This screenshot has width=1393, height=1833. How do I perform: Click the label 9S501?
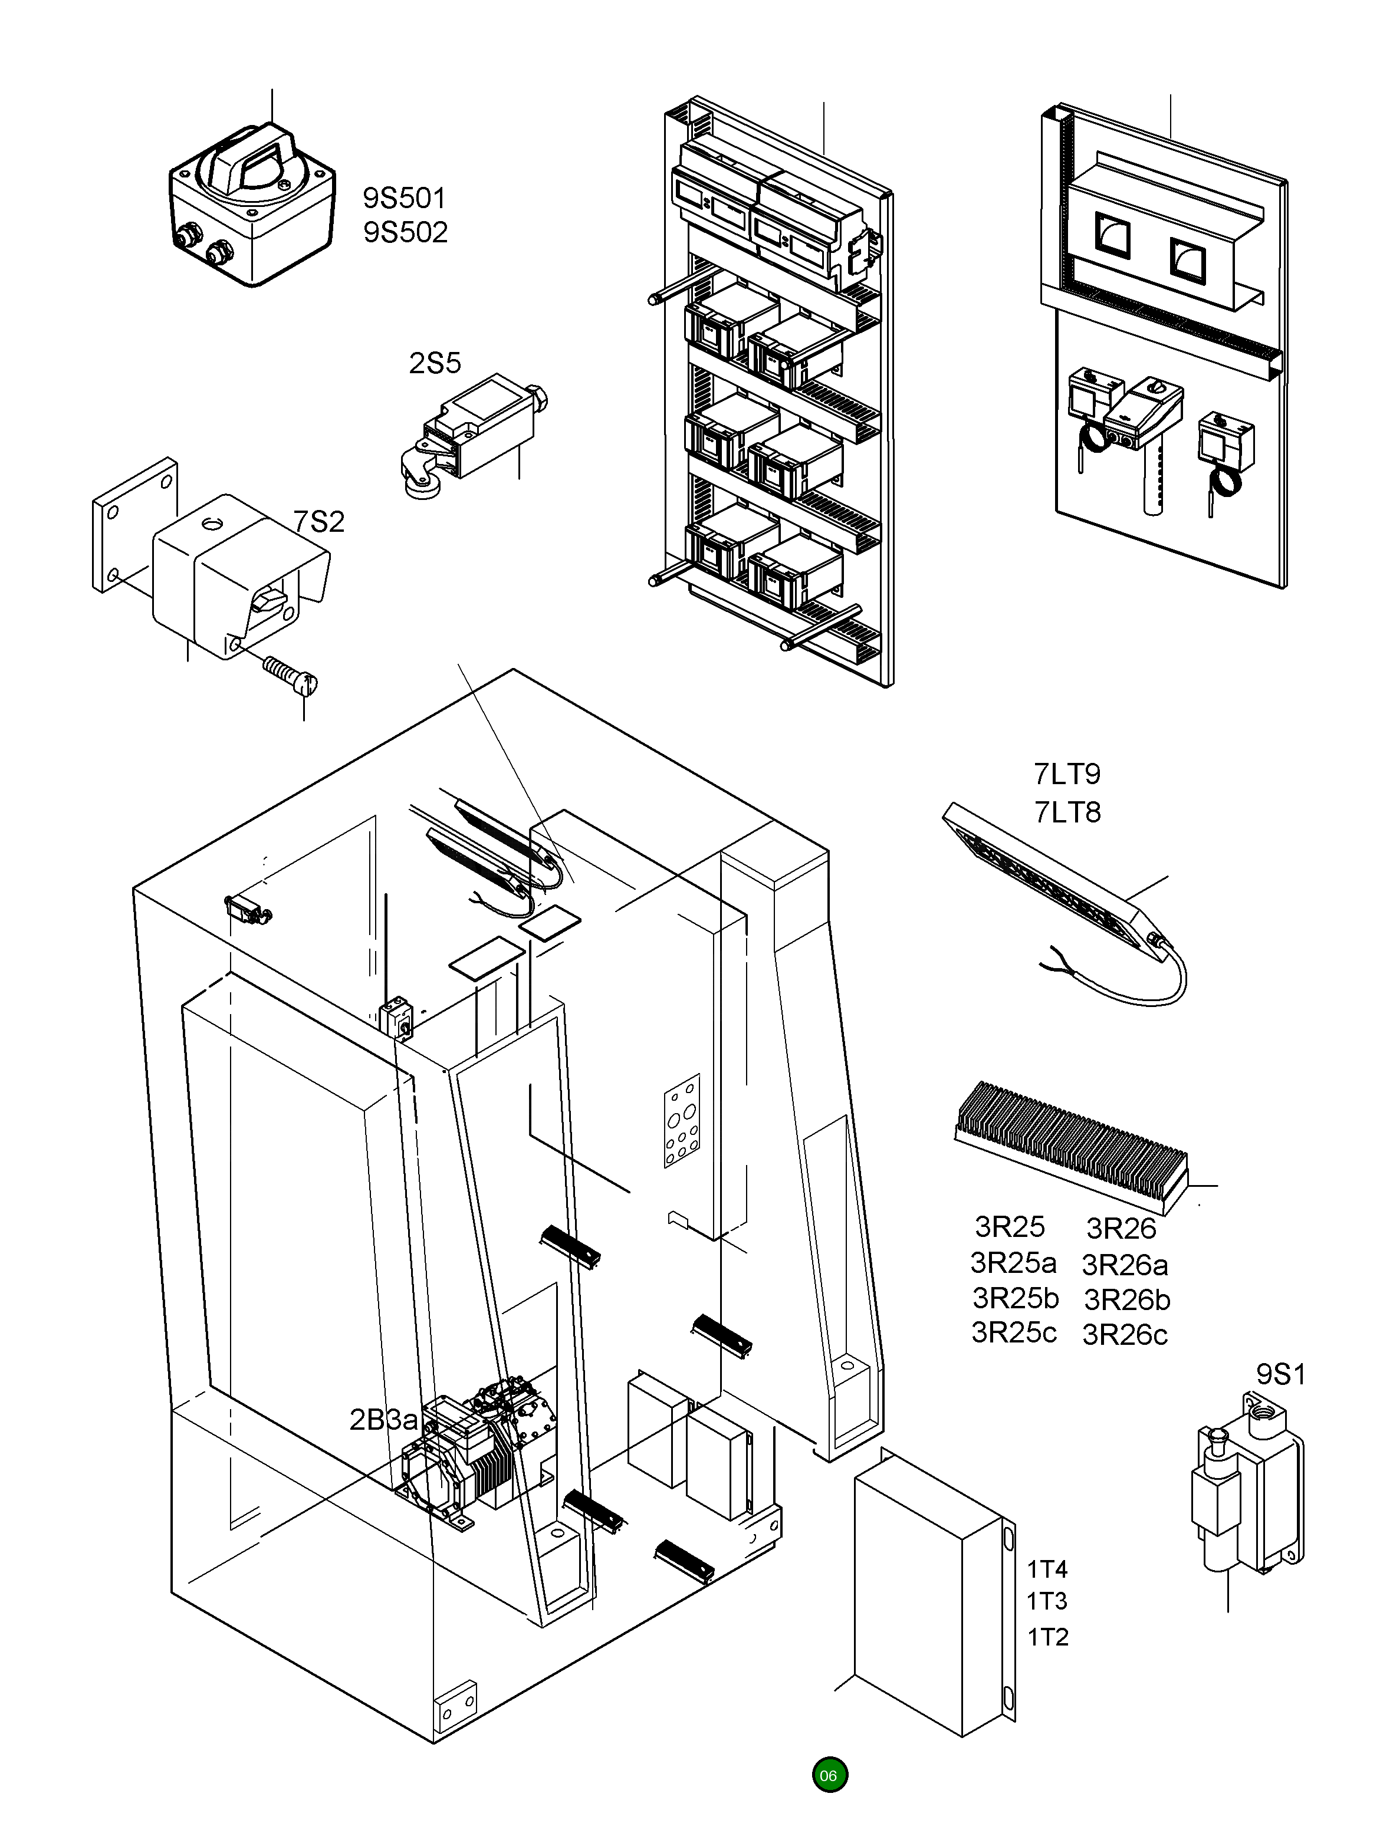click(x=405, y=198)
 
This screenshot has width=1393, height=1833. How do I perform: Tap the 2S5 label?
click(x=435, y=363)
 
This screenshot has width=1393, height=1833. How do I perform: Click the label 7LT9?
click(x=1067, y=774)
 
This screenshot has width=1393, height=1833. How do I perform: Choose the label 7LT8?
click(x=1067, y=812)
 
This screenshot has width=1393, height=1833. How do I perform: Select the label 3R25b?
click(x=1016, y=1298)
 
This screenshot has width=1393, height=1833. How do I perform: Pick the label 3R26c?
click(x=1125, y=1335)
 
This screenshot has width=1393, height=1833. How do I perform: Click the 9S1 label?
click(x=1281, y=1374)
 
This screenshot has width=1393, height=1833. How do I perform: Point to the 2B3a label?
click(x=383, y=1420)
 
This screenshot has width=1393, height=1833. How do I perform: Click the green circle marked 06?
click(x=829, y=1775)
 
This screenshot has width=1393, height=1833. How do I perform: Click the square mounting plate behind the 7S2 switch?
click(x=135, y=524)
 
